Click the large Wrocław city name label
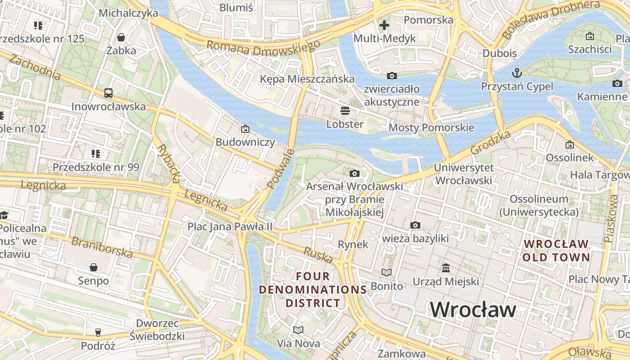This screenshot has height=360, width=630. pyautogui.click(x=472, y=310)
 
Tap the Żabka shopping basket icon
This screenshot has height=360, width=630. pyautogui.click(x=121, y=37)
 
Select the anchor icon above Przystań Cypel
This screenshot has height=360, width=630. pyautogui.click(x=517, y=72)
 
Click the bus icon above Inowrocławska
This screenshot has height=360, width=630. pyautogui.click(x=108, y=93)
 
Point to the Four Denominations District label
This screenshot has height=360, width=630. pyautogui.click(x=313, y=289)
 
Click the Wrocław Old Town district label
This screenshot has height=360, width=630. pyautogui.click(x=556, y=251)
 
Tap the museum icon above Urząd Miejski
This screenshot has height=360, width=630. pyautogui.click(x=445, y=268)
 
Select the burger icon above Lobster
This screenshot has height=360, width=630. pyautogui.click(x=345, y=111)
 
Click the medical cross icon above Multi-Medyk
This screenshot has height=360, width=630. pyautogui.click(x=384, y=25)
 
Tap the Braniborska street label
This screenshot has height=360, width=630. pyautogui.click(x=102, y=247)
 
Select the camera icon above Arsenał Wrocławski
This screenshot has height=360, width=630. pyautogui.click(x=355, y=173)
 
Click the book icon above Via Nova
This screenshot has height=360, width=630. pyautogui.click(x=298, y=330)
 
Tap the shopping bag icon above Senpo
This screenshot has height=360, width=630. pyautogui.click(x=94, y=268)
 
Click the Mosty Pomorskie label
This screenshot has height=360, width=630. pyautogui.click(x=431, y=128)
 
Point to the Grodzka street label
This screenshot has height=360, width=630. pyautogui.click(x=491, y=143)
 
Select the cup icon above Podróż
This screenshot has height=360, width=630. pyautogui.click(x=98, y=333)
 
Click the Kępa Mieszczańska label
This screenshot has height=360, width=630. pyautogui.click(x=307, y=79)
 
